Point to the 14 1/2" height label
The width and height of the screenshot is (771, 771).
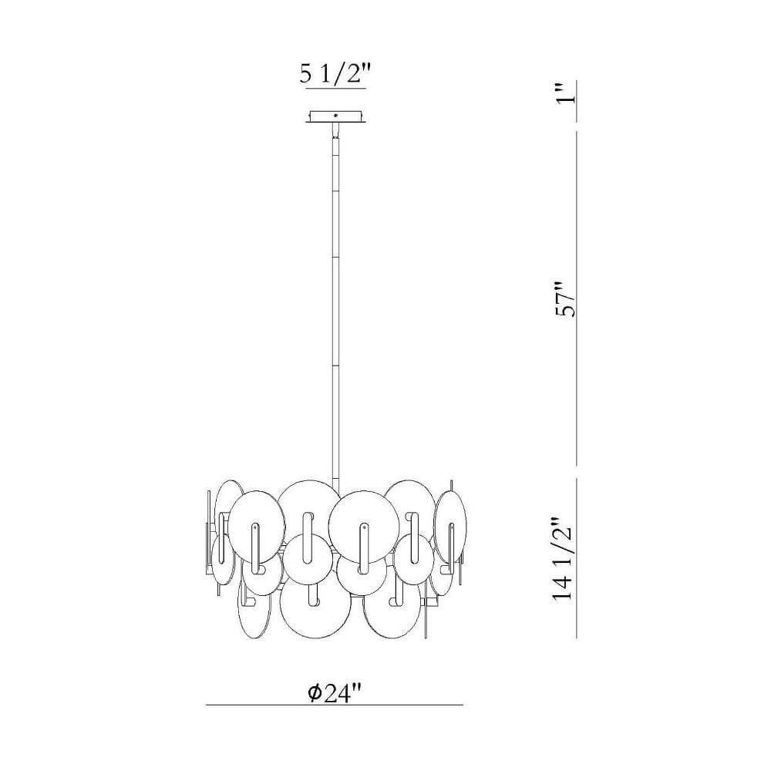[564, 558]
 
